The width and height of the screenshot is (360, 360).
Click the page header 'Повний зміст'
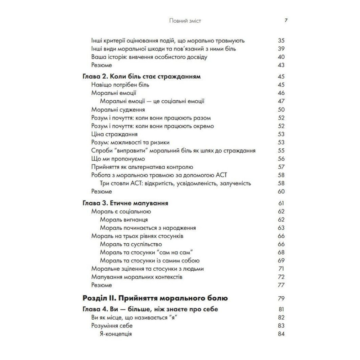pyautogui.click(x=185, y=21)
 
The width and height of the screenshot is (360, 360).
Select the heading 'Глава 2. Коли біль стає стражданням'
pyautogui.click(x=141, y=77)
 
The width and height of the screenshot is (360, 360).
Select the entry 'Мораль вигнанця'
pyautogui.click(x=124, y=220)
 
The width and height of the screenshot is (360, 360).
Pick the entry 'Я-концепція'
pyautogui.click(x=116, y=334)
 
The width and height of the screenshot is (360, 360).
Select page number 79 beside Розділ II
pyautogui.click(x=281, y=298)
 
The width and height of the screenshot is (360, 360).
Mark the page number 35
pyautogui.click(x=281, y=41)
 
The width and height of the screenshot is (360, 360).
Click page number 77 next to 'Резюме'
pyautogui.click(x=281, y=285)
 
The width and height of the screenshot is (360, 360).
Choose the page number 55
pyautogui.click(x=281, y=150)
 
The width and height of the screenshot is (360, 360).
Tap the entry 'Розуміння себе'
pyautogui.click(x=112, y=326)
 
